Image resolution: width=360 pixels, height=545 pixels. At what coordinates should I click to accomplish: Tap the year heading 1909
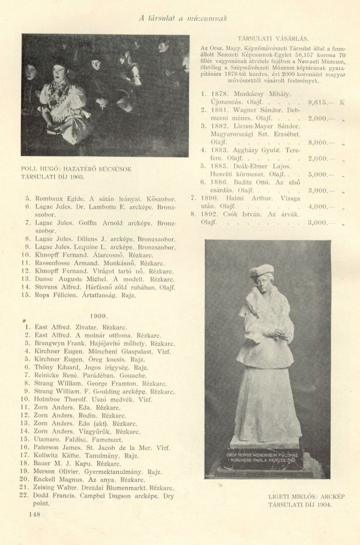(x=98, y=316)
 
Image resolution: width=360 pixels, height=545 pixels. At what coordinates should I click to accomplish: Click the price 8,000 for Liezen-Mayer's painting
(x=318, y=142)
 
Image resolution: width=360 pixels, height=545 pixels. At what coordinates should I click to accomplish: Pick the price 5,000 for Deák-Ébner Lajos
(x=318, y=174)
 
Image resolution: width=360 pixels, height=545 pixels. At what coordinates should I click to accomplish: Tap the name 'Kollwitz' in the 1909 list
(x=49, y=455)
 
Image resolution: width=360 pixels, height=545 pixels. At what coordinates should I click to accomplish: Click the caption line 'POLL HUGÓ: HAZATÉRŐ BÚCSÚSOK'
(x=76, y=168)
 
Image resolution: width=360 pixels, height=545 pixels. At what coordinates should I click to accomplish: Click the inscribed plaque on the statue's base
(x=267, y=452)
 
